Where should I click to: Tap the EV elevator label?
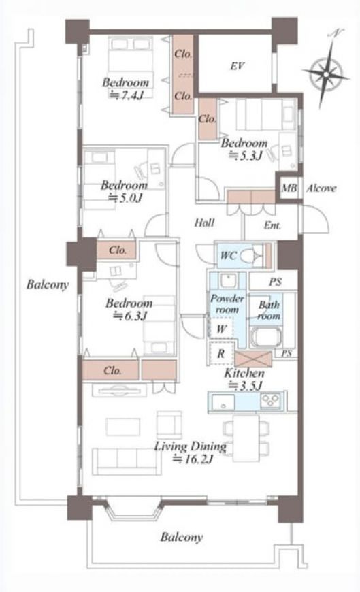pos(238,67)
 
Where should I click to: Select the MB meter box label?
pos(289,187)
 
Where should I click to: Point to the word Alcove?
pos(321,188)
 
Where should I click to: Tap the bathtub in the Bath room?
pos(266,337)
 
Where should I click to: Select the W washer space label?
pos(221,329)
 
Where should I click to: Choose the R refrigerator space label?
pos(221,354)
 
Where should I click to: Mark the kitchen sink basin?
pos(223,401)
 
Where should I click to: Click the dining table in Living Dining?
pos(246,438)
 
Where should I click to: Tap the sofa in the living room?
pos(127,461)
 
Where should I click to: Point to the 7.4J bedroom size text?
pos(126,95)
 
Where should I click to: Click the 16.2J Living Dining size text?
pos(193,459)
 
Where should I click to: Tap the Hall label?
pos(204,223)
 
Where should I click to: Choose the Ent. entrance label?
pos(272,225)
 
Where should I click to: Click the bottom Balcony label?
pos(181,537)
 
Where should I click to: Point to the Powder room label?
pos(227,304)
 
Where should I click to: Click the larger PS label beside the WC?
pos(276,282)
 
